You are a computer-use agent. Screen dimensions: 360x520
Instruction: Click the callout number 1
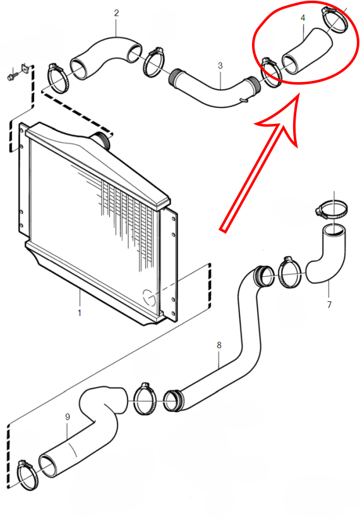80,312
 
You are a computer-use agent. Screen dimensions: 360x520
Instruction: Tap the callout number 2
116,13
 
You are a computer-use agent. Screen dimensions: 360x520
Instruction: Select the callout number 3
220,66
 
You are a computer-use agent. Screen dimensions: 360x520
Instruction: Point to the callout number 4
303,18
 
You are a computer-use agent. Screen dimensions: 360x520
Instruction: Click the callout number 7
329,305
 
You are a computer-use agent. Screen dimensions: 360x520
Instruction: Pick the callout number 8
219,345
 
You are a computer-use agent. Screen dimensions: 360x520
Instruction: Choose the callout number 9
68,416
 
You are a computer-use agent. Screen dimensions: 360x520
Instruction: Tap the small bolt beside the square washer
10,78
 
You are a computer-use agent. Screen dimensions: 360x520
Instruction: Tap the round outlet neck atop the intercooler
101,139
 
